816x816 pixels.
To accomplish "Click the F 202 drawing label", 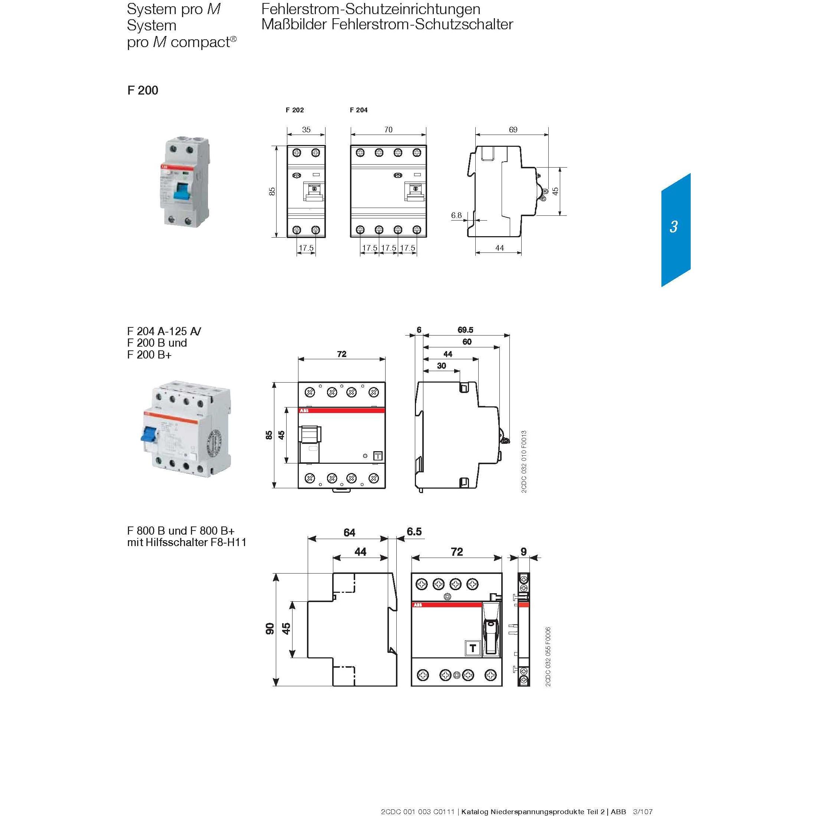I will [294, 110].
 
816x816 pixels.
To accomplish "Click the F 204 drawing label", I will [359, 110].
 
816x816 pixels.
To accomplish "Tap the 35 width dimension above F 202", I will [306, 130].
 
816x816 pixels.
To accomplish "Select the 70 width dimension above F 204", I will [388, 130].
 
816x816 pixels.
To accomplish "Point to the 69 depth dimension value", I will [513, 130].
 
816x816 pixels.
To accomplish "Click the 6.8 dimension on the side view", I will [456, 215].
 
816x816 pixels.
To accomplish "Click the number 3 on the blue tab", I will [674, 227].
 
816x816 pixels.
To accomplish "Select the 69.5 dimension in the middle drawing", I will [465, 330].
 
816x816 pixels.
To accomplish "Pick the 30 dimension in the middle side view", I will [441, 366].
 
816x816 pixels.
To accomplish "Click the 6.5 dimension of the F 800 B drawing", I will [414, 531].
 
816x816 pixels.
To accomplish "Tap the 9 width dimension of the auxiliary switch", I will [524, 552].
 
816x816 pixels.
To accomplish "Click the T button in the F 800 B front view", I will [473, 648].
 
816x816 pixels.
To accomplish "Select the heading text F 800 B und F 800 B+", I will [181, 531].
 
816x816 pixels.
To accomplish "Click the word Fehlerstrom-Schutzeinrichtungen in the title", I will [370, 9].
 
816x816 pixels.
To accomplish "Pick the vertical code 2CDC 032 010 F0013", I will [524, 462].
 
